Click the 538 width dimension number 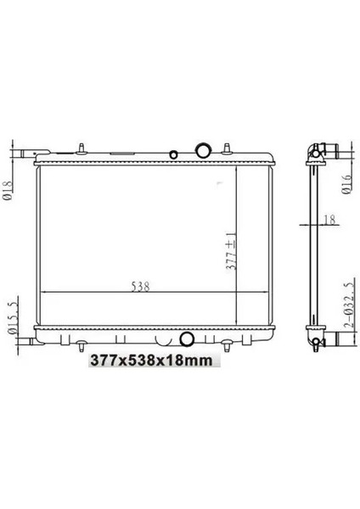(141, 286)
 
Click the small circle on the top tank (173, 155)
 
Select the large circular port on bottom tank (188, 341)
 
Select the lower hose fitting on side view (318, 342)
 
